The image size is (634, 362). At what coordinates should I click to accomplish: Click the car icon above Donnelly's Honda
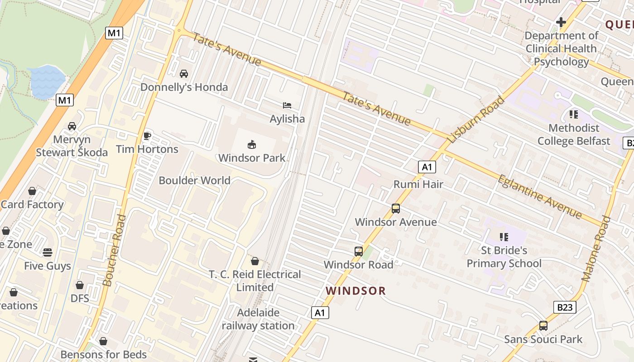pos(184,73)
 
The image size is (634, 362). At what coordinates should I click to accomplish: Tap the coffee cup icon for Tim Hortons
pos(147,135)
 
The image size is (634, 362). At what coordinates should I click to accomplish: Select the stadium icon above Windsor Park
pos(252,144)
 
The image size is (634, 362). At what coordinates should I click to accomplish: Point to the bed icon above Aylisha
pos(287,105)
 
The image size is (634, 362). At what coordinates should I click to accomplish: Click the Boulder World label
pos(194,180)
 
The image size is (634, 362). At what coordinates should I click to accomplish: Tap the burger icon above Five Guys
pos(48,252)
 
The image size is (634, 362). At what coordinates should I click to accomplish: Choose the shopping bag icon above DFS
pos(80,285)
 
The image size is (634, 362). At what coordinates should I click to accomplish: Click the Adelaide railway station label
pos(258,319)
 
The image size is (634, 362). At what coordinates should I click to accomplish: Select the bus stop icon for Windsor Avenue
pos(396,209)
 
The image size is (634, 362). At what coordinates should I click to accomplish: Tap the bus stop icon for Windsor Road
pos(359,251)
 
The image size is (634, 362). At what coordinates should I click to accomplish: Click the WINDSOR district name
pos(356,291)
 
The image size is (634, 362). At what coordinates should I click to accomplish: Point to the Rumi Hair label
pos(418,184)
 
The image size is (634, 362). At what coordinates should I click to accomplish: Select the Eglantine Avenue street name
pos(539,196)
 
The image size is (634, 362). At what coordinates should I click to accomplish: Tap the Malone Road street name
pos(596,249)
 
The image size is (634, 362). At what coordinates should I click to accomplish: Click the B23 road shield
pos(565,307)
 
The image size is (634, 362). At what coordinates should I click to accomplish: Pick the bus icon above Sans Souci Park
pos(543,325)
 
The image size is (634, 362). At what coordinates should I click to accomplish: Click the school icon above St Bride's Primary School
pos(504,237)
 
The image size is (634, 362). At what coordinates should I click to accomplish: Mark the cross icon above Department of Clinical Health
pos(561,22)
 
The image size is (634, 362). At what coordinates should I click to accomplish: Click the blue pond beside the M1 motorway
pos(47,82)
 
